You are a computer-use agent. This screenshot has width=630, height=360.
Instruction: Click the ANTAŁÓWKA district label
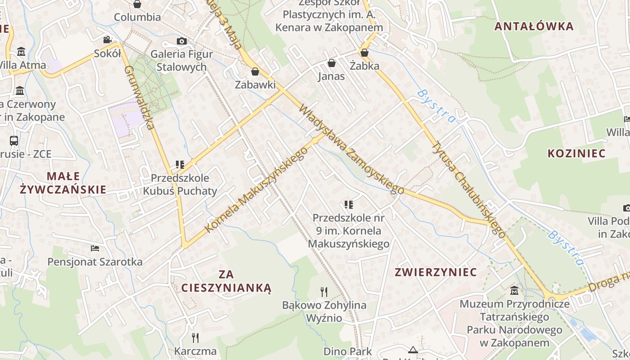tap(534, 26)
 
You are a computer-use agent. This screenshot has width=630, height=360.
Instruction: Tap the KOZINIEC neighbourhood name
tap(576, 153)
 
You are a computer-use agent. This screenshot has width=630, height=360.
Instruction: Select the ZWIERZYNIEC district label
tap(436, 272)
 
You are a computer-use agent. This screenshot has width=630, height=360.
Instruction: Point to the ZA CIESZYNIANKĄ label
tap(226, 281)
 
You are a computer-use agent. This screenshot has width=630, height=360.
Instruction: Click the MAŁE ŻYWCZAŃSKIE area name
tap(63, 182)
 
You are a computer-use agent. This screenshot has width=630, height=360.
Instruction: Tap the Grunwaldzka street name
tap(139, 97)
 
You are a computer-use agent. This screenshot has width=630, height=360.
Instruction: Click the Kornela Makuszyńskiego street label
tap(256, 189)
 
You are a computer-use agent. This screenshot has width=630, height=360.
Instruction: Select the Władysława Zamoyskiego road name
tap(351, 150)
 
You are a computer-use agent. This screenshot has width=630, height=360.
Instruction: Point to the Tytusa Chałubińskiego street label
tap(468, 189)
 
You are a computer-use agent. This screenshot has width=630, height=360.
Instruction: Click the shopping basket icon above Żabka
tap(364, 53)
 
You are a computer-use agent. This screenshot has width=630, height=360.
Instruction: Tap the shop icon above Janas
tap(332, 63)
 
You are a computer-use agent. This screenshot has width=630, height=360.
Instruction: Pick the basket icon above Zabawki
tap(255, 72)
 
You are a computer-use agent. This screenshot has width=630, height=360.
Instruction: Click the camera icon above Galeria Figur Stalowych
tap(182, 41)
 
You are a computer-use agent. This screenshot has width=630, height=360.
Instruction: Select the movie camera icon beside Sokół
tap(107, 40)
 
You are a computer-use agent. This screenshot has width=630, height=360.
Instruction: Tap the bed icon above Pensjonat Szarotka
tap(95, 248)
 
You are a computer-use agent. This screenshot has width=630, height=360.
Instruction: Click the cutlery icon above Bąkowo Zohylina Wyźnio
tap(324, 292)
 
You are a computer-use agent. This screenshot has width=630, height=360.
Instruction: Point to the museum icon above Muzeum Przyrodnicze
tap(514, 291)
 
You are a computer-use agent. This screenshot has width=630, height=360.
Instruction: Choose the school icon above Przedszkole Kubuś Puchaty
tap(180, 165)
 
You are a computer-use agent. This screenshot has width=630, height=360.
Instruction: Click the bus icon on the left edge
tap(14, 140)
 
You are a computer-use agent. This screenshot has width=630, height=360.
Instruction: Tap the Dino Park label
tap(347, 351)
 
